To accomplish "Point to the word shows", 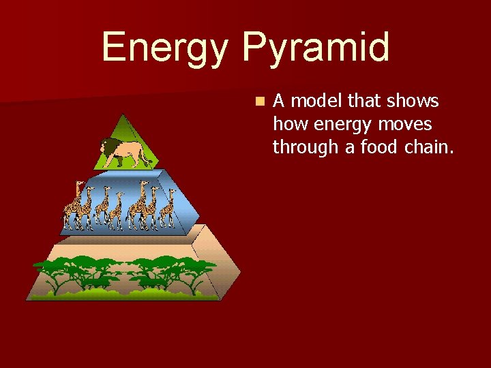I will click(413, 102).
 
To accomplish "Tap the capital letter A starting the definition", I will click(278, 102).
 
